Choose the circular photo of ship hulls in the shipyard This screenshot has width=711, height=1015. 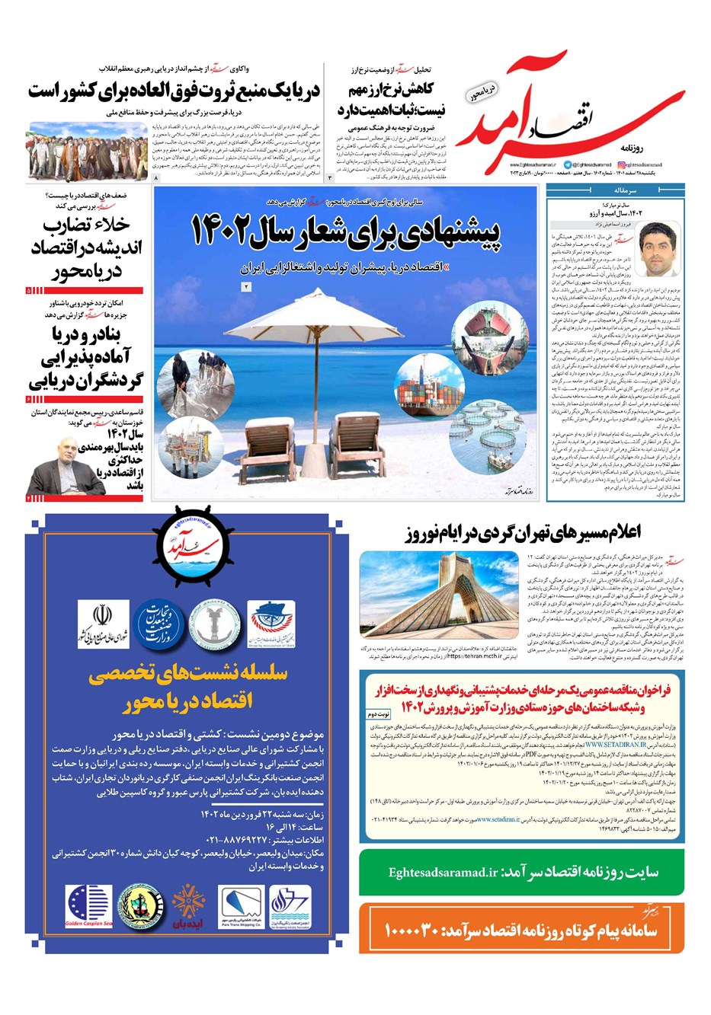481,330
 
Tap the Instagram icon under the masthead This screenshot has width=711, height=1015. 622,164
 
